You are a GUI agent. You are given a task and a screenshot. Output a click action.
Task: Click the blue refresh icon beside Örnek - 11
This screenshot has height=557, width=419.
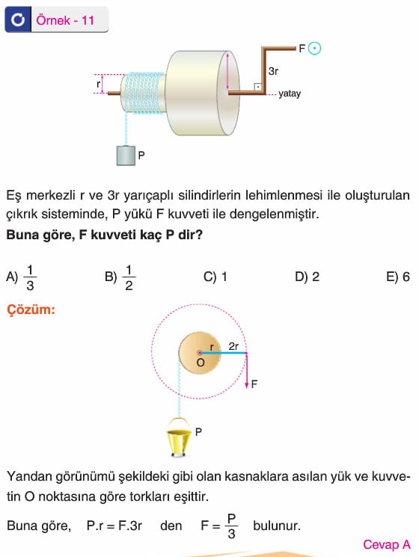tap(18, 19)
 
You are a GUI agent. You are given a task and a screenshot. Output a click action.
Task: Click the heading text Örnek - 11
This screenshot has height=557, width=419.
tap(65, 20)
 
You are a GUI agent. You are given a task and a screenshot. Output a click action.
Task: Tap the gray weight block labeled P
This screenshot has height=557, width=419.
tap(126, 156)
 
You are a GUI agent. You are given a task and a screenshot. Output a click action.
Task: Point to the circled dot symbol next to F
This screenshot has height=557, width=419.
tap(314, 49)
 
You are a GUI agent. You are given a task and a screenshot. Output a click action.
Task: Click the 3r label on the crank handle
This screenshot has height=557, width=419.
tap(273, 72)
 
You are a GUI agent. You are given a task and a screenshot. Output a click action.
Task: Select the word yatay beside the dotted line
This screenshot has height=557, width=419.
tap(290, 93)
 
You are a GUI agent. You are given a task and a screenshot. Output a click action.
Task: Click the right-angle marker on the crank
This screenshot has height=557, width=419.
tap(258, 87)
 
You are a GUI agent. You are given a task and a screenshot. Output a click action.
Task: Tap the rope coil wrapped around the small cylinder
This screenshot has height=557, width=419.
tap(142, 93)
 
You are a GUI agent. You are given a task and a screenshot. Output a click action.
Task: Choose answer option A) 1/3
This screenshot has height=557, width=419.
tap(22, 277)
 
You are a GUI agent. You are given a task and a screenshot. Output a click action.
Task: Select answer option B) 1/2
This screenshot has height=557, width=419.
tap(120, 277)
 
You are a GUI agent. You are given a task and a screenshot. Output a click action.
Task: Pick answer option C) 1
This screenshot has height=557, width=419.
tap(215, 277)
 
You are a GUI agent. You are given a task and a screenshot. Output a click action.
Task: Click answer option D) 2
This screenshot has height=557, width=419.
tap(307, 277)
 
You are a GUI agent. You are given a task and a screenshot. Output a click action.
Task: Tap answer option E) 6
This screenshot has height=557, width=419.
tap(398, 277)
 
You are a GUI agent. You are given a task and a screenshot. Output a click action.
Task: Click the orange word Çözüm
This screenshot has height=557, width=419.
tap(31, 310)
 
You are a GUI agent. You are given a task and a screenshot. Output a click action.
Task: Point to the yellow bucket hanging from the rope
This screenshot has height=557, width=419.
tap(179, 437)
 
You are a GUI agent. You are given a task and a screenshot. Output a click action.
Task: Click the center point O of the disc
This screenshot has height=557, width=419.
tap(199, 353)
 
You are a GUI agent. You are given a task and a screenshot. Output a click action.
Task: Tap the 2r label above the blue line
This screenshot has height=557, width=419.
tap(233, 346)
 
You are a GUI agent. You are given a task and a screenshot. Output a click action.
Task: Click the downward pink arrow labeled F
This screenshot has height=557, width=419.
tap(247, 371)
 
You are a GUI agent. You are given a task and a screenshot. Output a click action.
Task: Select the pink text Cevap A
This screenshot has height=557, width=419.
tap(387, 544)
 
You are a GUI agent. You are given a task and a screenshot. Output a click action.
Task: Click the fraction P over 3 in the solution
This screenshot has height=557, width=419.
tap(231, 526)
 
